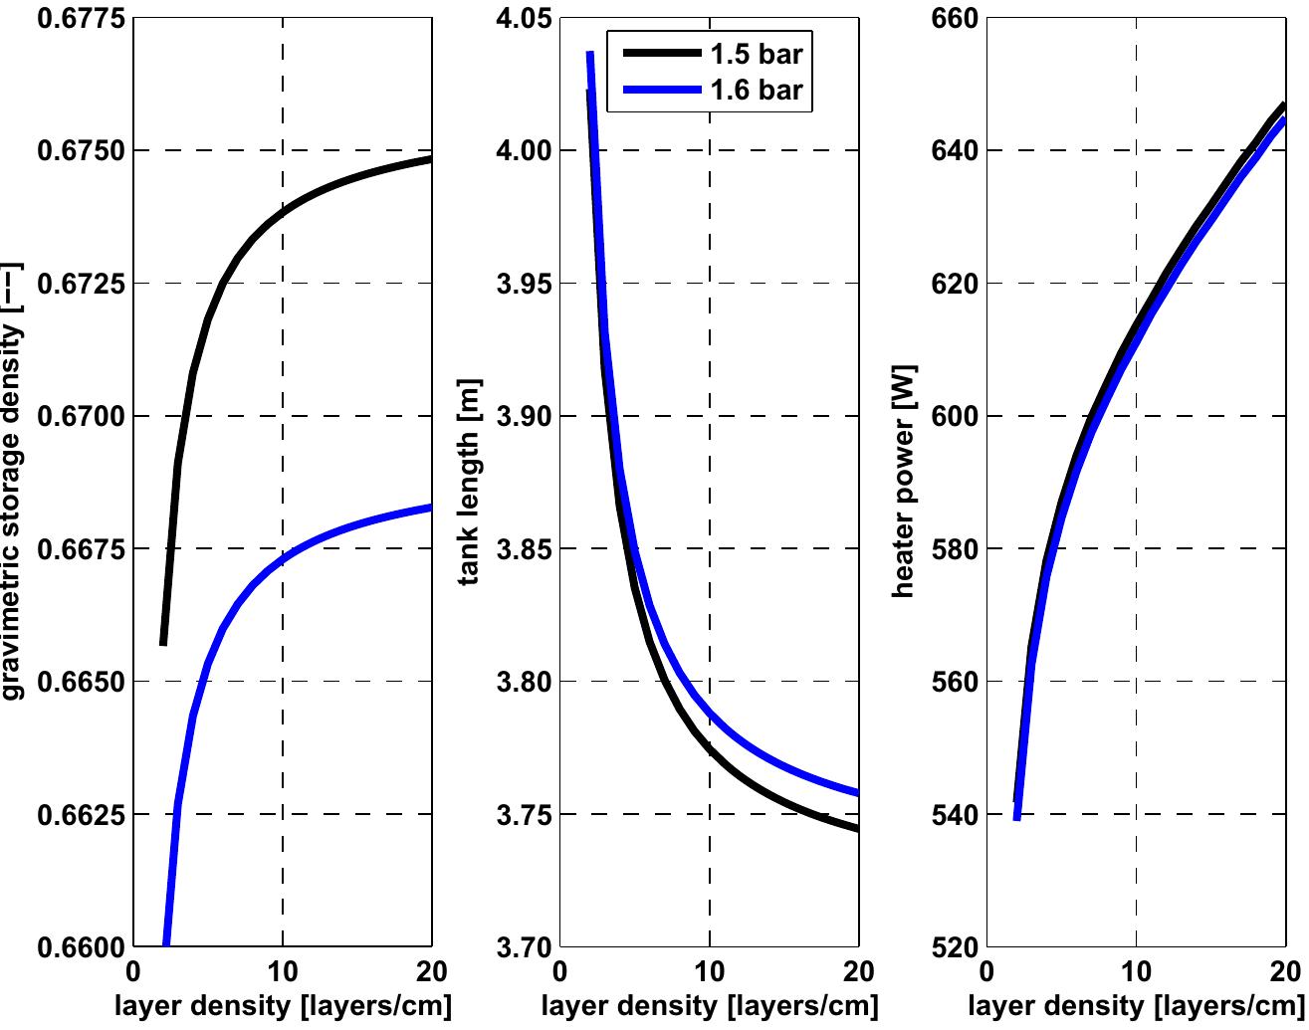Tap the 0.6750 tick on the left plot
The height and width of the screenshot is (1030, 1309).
82,151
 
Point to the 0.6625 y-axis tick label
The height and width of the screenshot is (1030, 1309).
82,815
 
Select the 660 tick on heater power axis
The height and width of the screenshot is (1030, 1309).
954,19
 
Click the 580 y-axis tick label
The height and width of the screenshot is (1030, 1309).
954,549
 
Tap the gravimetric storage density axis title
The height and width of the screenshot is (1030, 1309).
13,483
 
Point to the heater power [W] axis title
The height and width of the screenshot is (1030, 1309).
904,483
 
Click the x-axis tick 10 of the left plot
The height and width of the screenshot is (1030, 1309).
283,971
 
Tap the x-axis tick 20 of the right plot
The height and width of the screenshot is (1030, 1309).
1284,971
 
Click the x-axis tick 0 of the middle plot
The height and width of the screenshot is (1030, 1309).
560,971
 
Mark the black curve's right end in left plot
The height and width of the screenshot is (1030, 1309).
431,159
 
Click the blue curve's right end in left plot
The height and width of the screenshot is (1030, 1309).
431,508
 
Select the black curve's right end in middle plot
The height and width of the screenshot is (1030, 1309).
857,829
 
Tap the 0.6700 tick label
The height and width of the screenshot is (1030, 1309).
82,416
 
